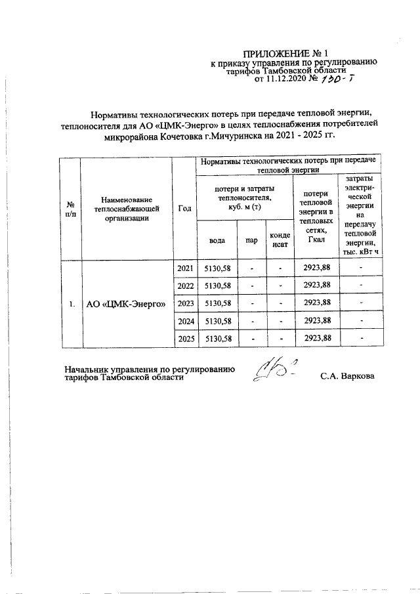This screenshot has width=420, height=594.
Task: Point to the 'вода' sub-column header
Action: pyautogui.click(x=217, y=240)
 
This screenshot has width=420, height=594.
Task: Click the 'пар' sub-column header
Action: pyautogui.click(x=251, y=240)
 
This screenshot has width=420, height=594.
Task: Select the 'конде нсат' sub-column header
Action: pyautogui.click(x=277, y=240)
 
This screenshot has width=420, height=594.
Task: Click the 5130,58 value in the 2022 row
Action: pyautogui.click(x=217, y=286)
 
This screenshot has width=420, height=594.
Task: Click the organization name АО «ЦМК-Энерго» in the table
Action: pyautogui.click(x=125, y=304)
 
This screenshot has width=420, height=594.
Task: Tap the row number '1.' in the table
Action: pyautogui.click(x=70, y=304)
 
